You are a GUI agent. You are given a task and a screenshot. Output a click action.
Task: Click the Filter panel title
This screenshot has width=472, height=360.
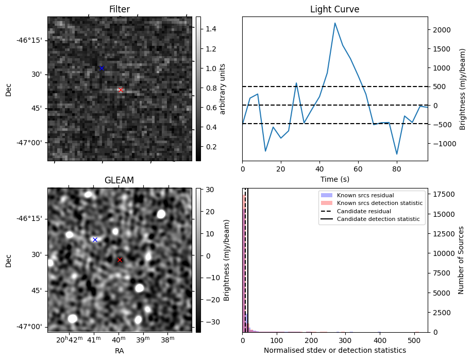click(120, 9)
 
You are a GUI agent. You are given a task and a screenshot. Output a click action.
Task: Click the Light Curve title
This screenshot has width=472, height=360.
click(334, 9)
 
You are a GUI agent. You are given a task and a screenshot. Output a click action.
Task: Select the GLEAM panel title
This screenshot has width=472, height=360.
click(120, 180)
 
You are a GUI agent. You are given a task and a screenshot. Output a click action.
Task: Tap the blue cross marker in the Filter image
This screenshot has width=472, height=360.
click(102, 68)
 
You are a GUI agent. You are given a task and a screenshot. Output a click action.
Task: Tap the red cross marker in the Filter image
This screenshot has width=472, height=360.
click(121, 90)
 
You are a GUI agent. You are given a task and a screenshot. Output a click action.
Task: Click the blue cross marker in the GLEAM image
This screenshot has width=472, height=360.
click(95, 239)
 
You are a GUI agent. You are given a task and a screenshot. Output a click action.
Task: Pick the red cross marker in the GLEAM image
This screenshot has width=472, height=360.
click(120, 260)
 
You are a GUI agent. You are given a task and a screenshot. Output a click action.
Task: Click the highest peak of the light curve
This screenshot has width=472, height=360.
click(335, 23)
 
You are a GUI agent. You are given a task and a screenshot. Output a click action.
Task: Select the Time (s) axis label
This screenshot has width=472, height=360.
click(334, 178)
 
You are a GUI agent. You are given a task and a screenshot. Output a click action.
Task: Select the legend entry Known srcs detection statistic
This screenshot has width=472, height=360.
click(380, 203)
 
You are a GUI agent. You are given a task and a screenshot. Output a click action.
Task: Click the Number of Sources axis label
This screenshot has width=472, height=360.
click(462, 260)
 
